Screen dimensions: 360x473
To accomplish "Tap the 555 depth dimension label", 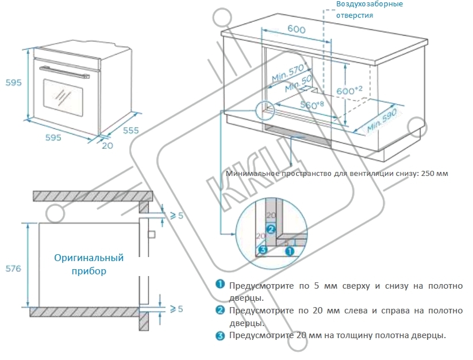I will pyautogui.click(x=130, y=131).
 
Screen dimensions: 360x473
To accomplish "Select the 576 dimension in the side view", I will pyautogui.click(x=12, y=268).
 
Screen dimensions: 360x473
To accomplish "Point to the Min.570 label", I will pyautogui.click(x=287, y=73).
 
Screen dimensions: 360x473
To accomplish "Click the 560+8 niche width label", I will pyautogui.click(x=314, y=105).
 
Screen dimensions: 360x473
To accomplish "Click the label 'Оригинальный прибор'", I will pyautogui.click(x=89, y=265).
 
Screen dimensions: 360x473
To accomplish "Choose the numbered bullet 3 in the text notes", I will pyautogui.click(x=220, y=335).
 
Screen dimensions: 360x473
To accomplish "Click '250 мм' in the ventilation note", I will pyautogui.click(x=434, y=173).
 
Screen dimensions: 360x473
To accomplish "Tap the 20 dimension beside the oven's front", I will pyautogui.click(x=107, y=145).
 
